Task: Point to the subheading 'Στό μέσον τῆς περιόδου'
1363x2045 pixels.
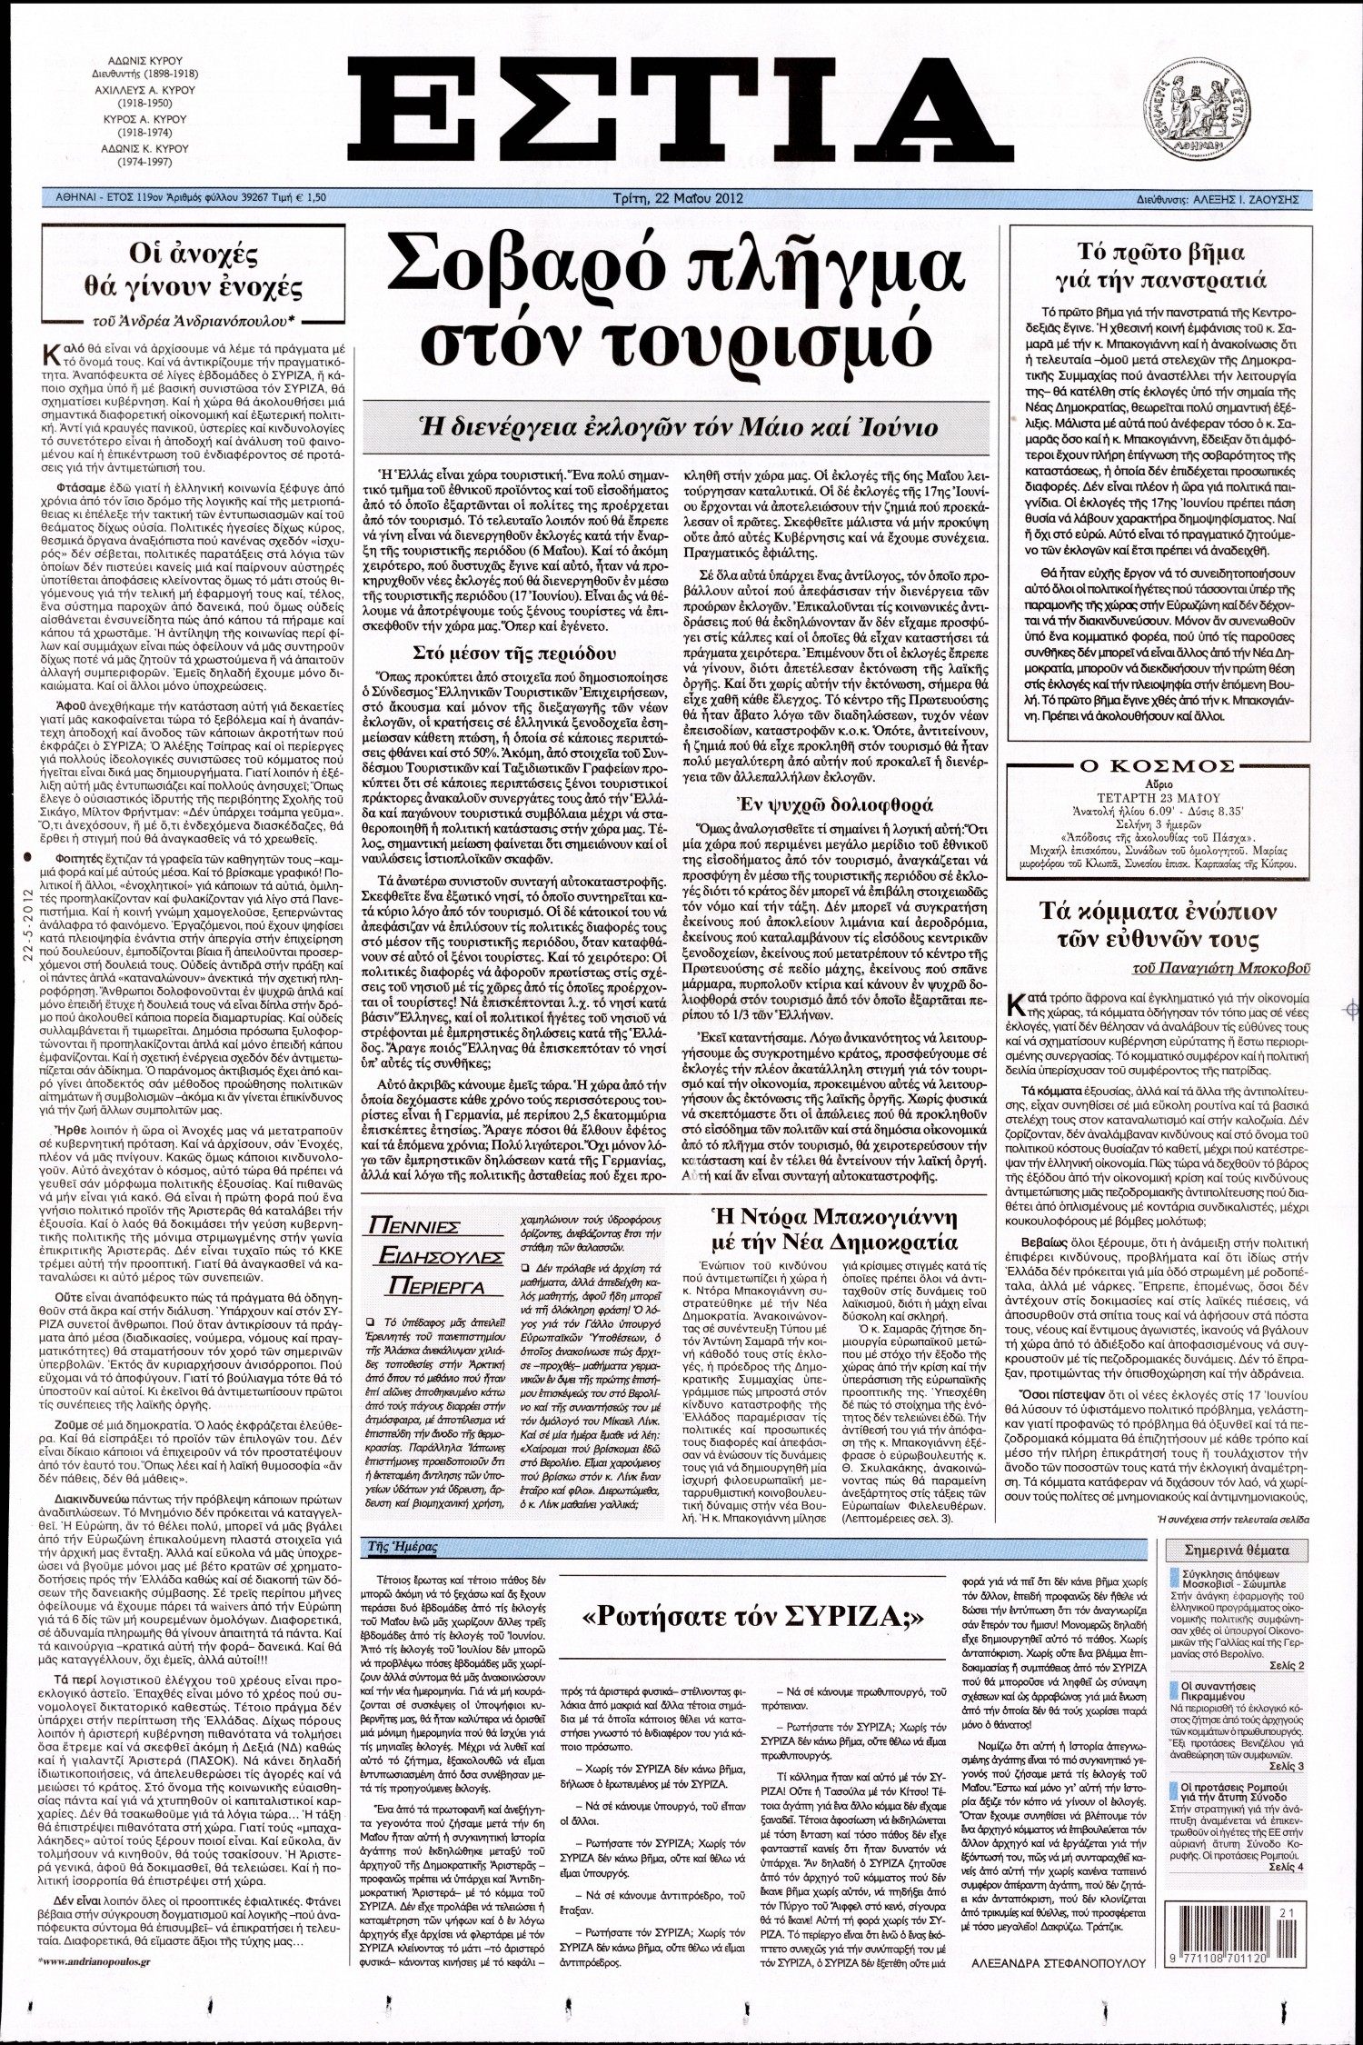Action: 514,652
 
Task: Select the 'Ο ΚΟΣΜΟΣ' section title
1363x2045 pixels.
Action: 1160,765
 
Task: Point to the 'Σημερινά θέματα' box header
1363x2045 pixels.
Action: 1237,1550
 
